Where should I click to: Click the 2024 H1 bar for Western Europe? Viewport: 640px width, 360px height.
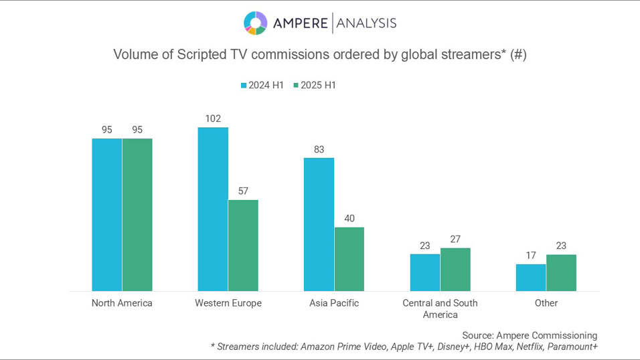(213, 209)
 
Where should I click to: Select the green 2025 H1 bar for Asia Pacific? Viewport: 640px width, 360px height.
(349, 259)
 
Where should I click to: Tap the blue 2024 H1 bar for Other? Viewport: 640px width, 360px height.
(531, 277)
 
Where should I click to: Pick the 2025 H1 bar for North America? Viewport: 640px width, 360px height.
(137, 214)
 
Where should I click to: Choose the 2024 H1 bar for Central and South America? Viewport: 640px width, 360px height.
(425, 272)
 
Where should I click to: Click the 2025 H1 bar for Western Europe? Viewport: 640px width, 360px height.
(243, 245)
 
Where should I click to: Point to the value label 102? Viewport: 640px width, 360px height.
(213, 118)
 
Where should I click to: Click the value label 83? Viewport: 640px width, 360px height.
(319, 149)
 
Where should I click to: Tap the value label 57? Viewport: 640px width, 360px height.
(243, 191)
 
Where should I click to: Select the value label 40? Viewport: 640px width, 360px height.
(349, 218)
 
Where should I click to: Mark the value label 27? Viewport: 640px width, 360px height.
(456, 239)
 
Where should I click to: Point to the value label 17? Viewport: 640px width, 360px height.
(531, 255)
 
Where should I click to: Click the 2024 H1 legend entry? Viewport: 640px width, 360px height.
(264, 85)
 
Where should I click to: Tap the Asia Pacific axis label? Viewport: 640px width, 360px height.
(334, 303)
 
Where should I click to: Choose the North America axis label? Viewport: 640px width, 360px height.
(122, 303)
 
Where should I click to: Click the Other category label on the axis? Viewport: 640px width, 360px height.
(546, 303)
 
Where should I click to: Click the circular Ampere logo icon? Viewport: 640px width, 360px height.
(256, 23)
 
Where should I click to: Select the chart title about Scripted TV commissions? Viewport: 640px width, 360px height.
(320, 55)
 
